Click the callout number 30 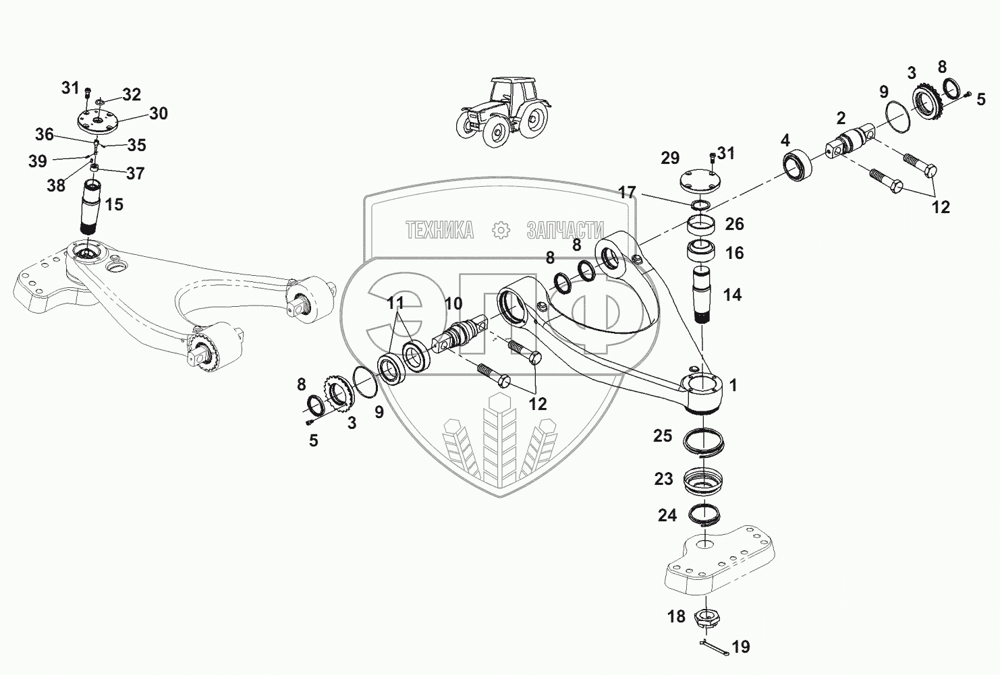tap(159, 113)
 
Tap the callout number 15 tap(115, 204)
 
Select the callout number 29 tap(670, 158)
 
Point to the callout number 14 tap(732, 295)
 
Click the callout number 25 tap(663, 436)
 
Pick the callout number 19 tap(740, 647)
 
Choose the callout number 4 tap(785, 141)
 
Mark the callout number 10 tap(453, 304)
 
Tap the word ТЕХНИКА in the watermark tap(439, 231)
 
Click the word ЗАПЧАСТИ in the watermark tap(565, 231)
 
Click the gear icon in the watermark tap(501, 231)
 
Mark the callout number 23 tap(663, 479)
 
